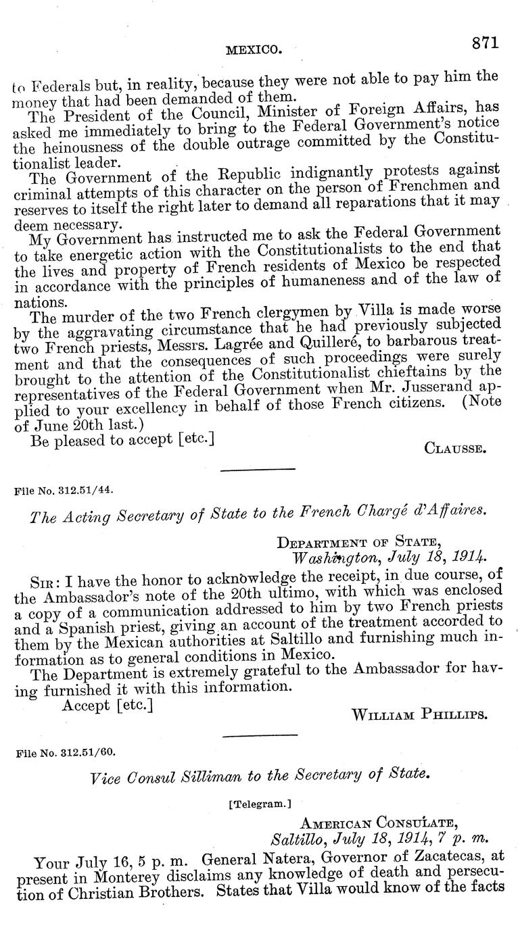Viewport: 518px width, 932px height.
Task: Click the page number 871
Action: coord(485,43)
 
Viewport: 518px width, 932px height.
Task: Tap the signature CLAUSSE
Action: coord(454,447)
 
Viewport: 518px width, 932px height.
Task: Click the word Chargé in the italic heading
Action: coord(390,512)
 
